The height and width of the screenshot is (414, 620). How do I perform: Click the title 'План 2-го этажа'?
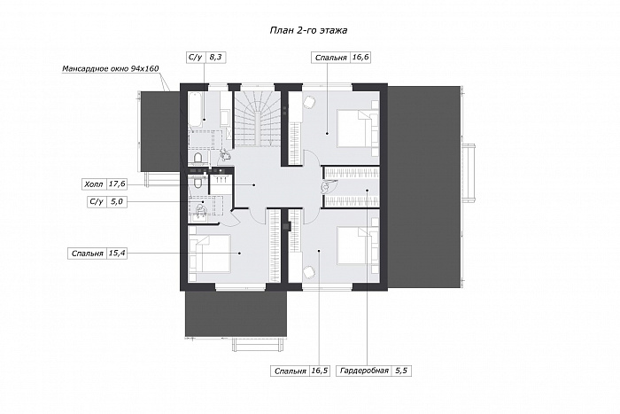point(308,30)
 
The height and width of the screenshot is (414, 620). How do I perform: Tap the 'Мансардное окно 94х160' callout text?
point(111,69)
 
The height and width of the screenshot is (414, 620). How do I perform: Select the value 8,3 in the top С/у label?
point(215,58)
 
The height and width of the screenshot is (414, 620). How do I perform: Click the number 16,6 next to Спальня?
point(360,58)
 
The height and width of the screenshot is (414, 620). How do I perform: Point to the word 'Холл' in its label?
point(93,184)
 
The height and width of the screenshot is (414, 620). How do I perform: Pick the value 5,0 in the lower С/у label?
point(117,202)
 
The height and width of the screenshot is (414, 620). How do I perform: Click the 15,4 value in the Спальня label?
point(117,254)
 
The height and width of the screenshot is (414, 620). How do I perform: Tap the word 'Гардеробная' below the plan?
point(364,371)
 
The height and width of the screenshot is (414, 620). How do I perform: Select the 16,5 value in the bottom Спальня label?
point(320,371)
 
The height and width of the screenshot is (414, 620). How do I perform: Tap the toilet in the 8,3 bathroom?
point(198,159)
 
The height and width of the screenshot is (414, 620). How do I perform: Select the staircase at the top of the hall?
point(258,118)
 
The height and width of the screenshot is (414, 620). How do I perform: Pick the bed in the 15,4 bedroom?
point(210,254)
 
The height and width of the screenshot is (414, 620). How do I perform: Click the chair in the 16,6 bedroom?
point(308,102)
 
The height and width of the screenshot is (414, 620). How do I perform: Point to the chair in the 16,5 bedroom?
point(308,272)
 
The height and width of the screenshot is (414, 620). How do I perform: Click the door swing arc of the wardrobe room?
point(330,187)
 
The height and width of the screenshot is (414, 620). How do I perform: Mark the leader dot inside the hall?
point(254,184)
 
